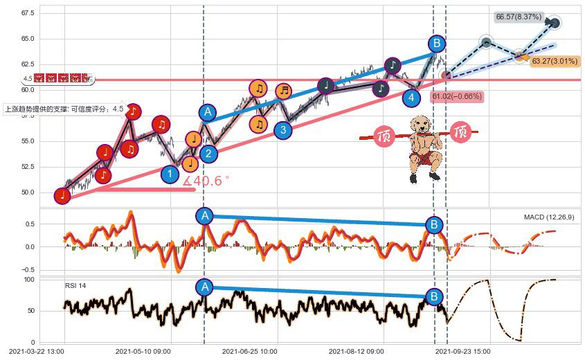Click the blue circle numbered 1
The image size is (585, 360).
click(x=170, y=174)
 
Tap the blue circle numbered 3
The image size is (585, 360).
click(x=282, y=129)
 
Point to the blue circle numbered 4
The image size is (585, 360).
click(x=413, y=97)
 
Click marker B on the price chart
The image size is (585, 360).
click(x=436, y=44)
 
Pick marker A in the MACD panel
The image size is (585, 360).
click(x=204, y=216)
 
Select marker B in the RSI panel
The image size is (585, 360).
click(x=434, y=297)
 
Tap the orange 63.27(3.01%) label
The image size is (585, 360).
click(x=554, y=61)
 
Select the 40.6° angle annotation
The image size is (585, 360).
click(x=206, y=181)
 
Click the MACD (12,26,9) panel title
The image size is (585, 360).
click(x=548, y=217)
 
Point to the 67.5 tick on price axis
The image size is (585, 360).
click(x=28, y=13)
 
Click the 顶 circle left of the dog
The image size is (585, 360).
click(x=384, y=136)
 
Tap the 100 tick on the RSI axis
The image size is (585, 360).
click(x=29, y=280)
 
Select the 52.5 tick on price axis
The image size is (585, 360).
click(x=28, y=167)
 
